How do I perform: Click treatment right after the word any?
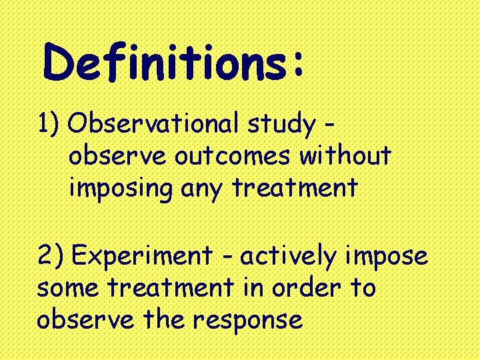coord(294,188)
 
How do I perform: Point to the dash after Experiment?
coord(227,257)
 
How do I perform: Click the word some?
coord(67,289)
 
